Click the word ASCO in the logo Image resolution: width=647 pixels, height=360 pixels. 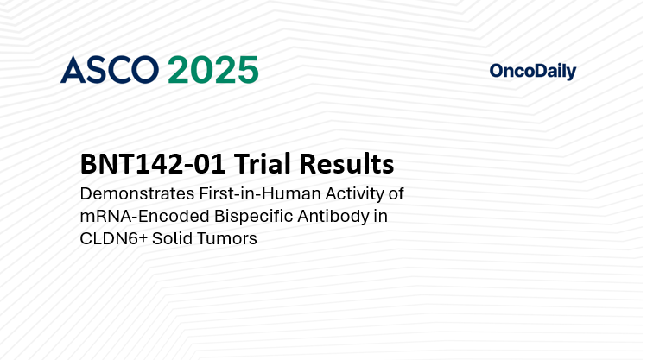click(110, 70)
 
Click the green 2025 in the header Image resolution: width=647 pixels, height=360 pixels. click(212, 70)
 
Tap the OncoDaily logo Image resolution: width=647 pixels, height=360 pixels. click(532, 72)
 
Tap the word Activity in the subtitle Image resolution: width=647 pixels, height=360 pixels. click(350, 193)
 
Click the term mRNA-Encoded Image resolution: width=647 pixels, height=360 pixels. click(133, 216)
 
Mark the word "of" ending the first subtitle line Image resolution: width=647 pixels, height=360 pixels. click(396, 193)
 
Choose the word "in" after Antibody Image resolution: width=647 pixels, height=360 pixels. click(380, 216)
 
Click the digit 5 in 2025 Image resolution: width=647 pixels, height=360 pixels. click(246, 70)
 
